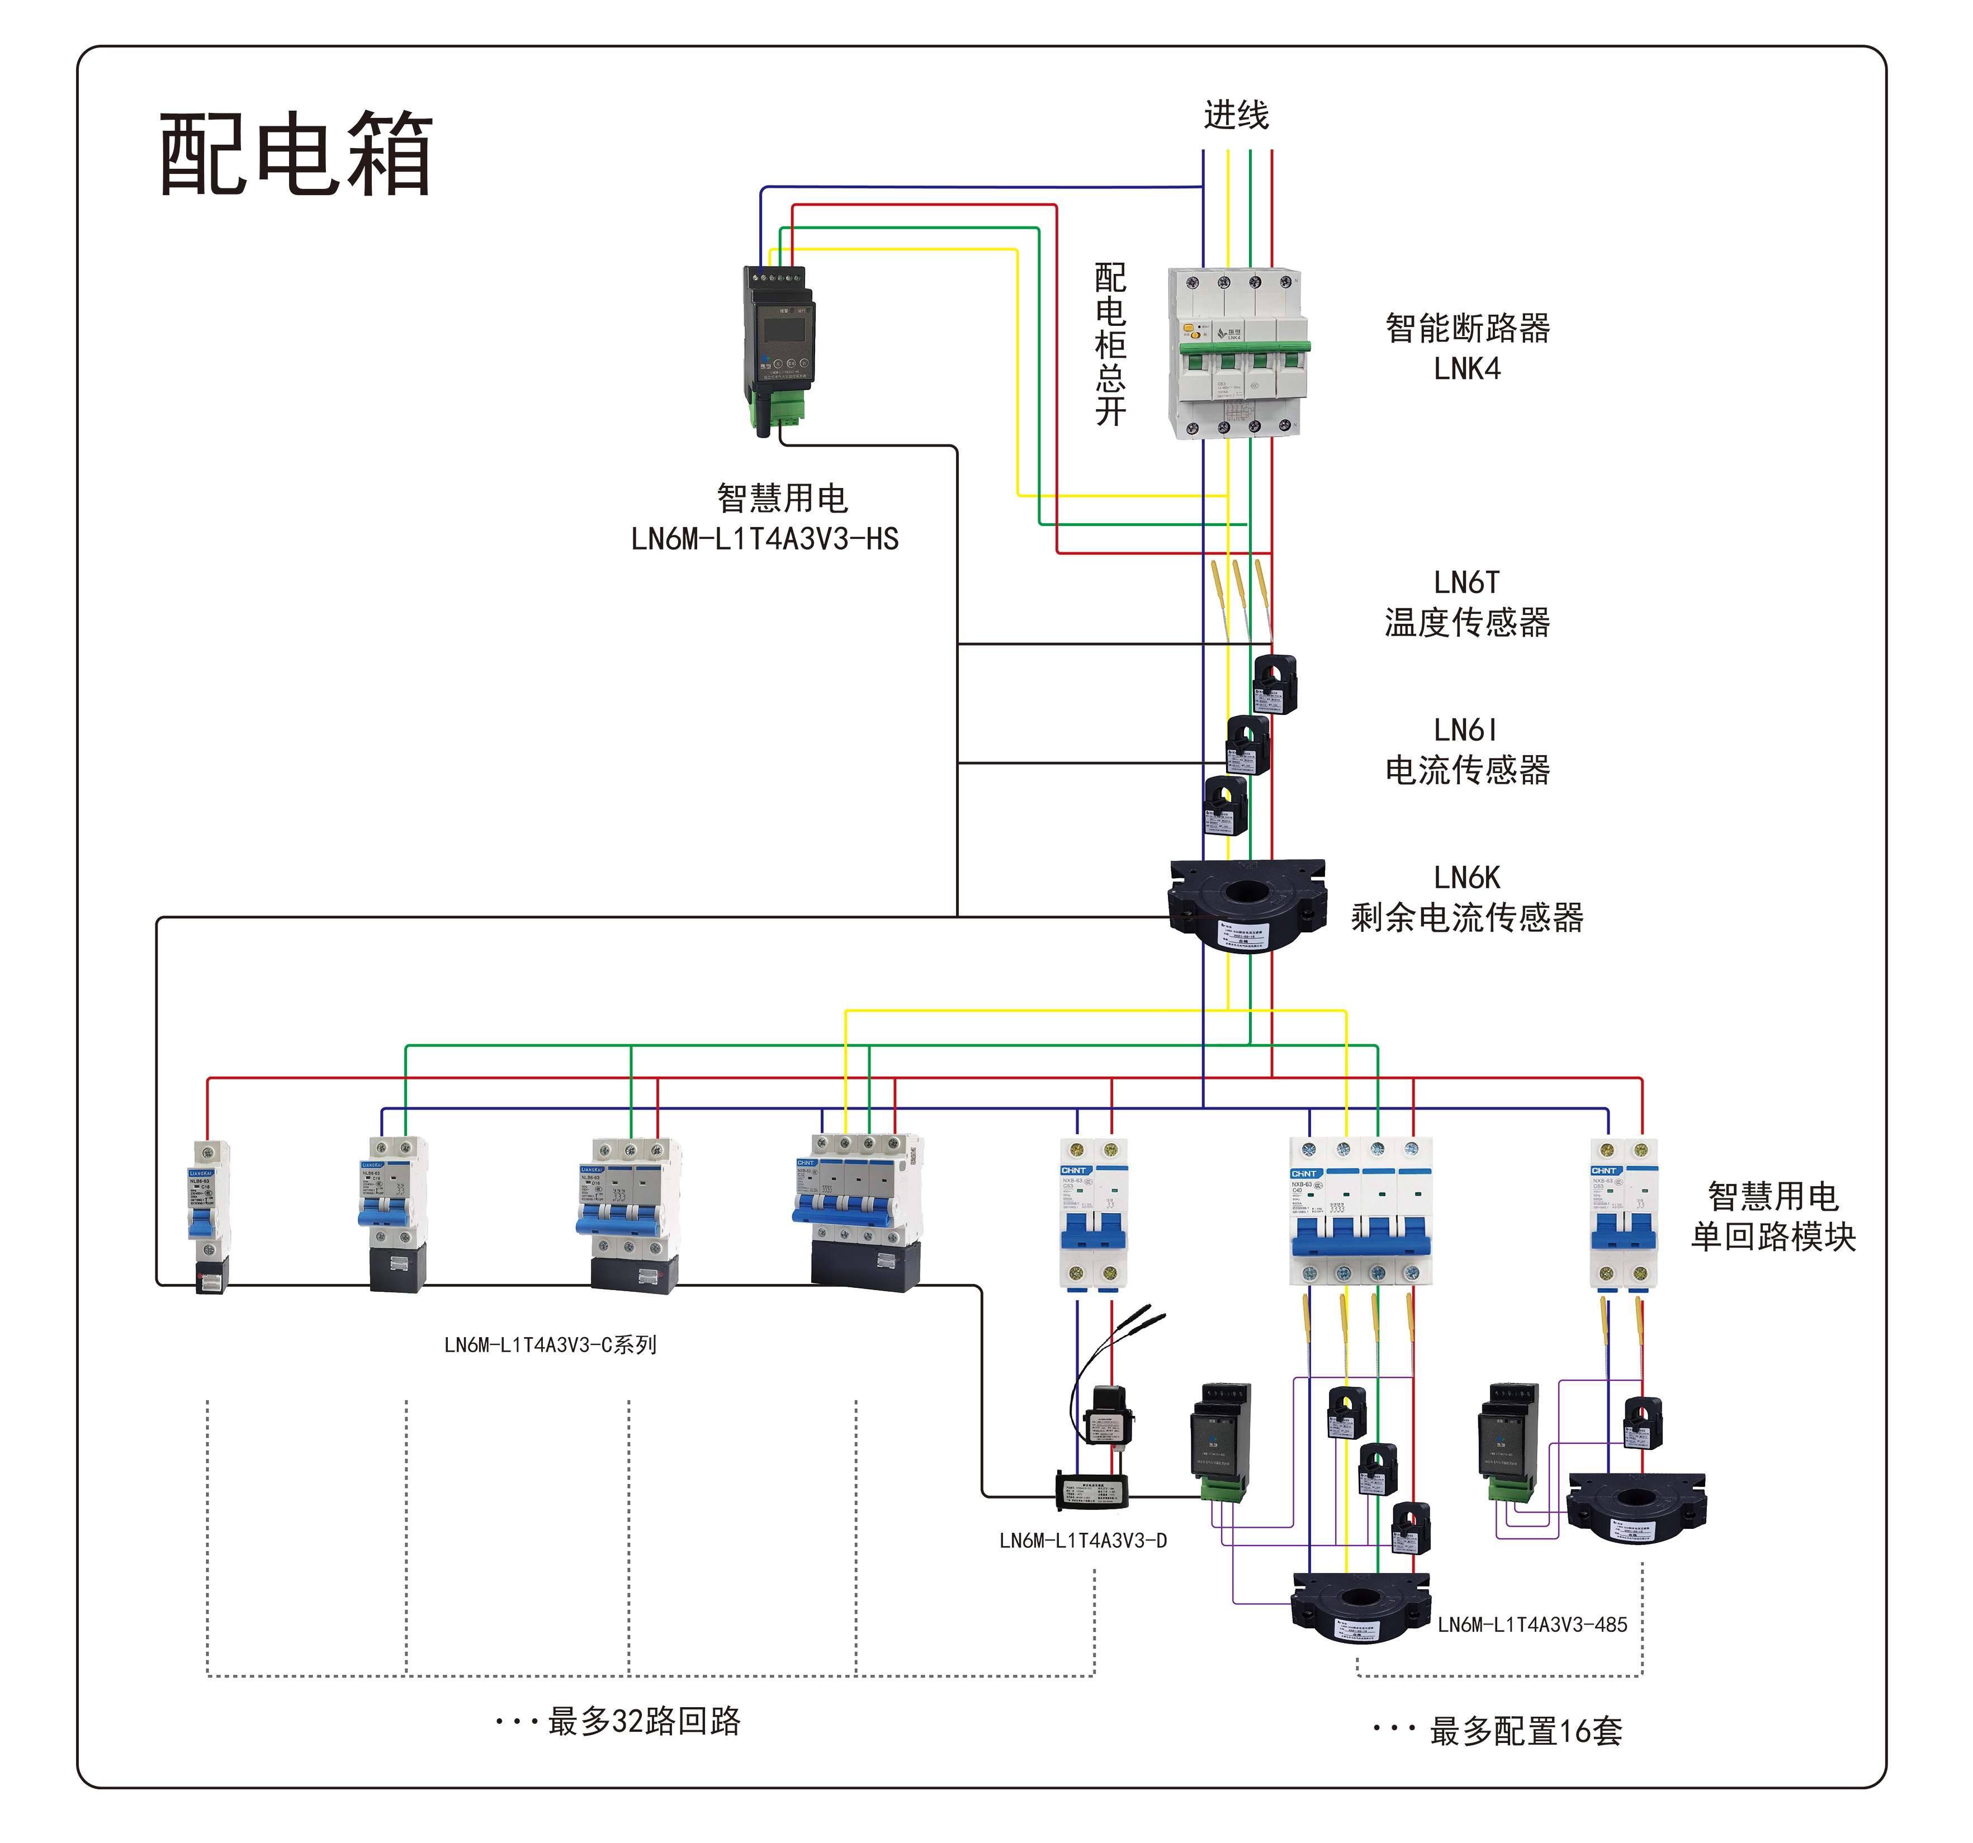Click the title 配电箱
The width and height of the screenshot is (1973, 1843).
[296, 154]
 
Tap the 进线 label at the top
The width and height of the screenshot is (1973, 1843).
[1236, 115]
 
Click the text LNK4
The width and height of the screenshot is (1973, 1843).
[1467, 369]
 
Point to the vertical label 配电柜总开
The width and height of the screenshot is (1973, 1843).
[1110, 343]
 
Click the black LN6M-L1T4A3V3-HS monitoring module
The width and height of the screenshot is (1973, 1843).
[779, 347]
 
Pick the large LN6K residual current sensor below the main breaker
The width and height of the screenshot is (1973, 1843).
[1247, 904]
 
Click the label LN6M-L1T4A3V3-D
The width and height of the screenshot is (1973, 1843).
[1083, 1540]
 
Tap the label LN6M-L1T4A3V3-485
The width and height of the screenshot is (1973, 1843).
[1532, 1624]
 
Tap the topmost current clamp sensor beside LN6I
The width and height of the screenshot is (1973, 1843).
[1274, 684]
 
